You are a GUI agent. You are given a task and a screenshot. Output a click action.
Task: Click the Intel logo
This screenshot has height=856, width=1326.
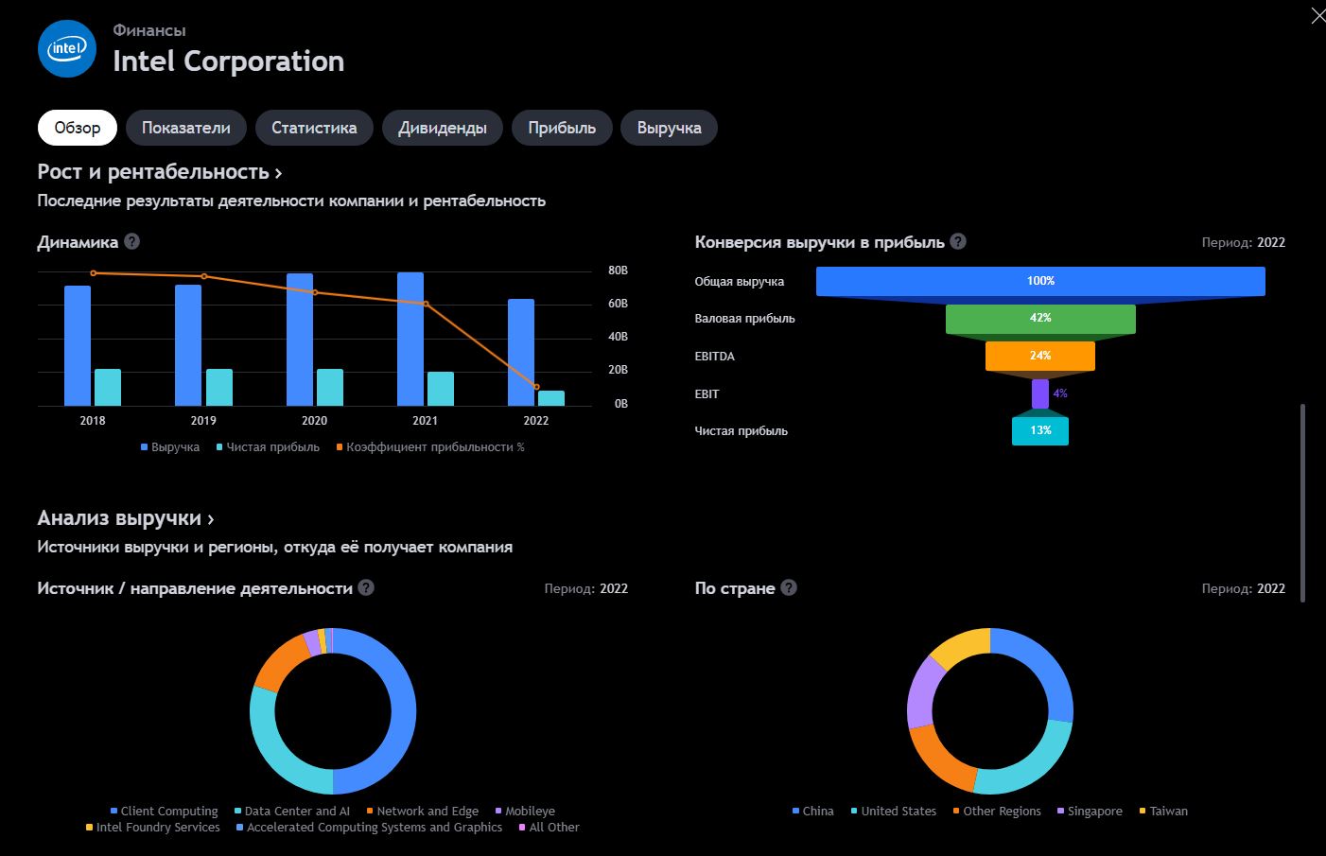(67, 48)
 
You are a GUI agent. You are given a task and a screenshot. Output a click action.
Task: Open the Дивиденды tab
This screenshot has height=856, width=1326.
(443, 128)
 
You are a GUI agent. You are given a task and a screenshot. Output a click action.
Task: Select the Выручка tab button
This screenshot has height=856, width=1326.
(669, 128)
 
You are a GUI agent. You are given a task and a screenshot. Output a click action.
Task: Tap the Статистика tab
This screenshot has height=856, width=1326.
(314, 128)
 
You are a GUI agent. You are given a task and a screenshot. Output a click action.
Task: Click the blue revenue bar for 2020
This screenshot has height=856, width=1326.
(300, 340)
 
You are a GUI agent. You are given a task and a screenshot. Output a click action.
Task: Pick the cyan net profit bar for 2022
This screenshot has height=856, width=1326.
(551, 398)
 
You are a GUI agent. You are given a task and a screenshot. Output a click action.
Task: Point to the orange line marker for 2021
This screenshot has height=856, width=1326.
(427, 305)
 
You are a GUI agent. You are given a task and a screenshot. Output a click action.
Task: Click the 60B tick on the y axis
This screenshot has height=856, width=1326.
(618, 304)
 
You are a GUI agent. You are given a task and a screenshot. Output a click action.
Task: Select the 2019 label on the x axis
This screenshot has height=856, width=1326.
(203, 420)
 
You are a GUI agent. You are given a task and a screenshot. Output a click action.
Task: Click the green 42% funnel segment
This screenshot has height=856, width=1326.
(1040, 319)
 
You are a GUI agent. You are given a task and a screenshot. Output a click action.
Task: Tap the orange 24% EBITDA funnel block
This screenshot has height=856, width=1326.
(1040, 356)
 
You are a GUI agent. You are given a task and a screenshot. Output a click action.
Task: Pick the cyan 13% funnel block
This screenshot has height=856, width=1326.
(1040, 431)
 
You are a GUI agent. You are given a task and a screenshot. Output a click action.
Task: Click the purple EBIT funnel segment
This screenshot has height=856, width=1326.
(1040, 393)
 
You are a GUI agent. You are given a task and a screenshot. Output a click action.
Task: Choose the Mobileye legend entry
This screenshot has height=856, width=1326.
(525, 811)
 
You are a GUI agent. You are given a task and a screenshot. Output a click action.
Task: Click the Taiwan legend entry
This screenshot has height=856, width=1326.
(1163, 811)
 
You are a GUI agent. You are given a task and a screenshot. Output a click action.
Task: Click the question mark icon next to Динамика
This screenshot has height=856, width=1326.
(132, 241)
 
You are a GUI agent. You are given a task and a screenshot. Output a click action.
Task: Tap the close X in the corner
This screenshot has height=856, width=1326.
(1318, 16)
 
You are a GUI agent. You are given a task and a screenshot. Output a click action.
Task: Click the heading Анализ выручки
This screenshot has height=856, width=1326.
(119, 518)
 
